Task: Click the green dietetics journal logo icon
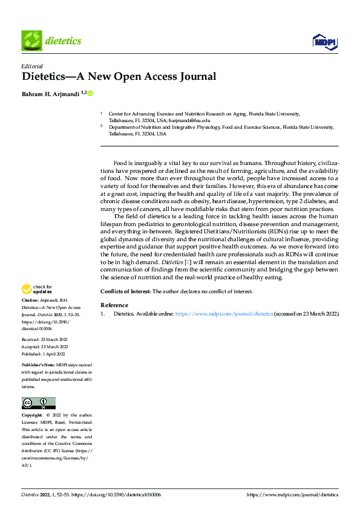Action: coord(31,41)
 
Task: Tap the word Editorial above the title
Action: coord(31,66)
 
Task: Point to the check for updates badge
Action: coord(38,289)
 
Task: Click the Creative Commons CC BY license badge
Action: coord(38,403)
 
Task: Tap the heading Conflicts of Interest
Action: coord(125,291)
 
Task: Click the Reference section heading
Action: coord(114,305)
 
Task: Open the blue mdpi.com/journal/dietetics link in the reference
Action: coord(224,314)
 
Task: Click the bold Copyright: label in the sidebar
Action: coord(32,415)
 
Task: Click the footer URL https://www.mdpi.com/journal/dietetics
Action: coord(293,494)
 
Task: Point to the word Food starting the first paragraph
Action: coord(120,163)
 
